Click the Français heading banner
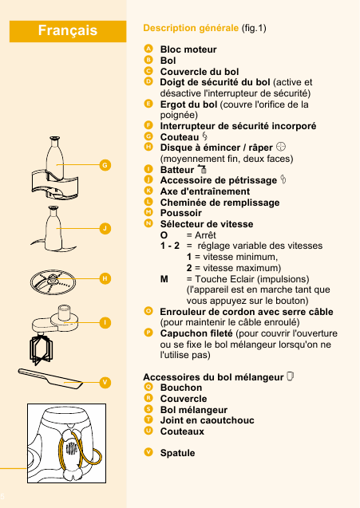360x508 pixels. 68,31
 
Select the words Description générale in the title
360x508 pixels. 191,28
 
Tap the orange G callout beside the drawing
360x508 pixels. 105,165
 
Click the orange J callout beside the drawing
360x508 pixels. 105,229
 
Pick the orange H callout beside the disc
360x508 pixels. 105,278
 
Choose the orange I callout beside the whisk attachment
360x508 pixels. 105,323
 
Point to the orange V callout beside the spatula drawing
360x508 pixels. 105,383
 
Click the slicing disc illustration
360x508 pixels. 53,282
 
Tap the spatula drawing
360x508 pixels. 50,378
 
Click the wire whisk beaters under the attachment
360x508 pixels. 41,349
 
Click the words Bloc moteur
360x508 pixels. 188,49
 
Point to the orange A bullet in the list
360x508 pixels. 148,49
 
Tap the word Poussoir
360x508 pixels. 181,213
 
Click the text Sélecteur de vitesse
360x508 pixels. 207,224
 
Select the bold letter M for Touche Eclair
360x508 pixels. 164,279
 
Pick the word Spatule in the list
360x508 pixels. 177,453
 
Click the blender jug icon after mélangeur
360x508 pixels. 291,376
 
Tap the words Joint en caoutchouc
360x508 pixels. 208,420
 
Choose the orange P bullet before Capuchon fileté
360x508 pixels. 148,333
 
